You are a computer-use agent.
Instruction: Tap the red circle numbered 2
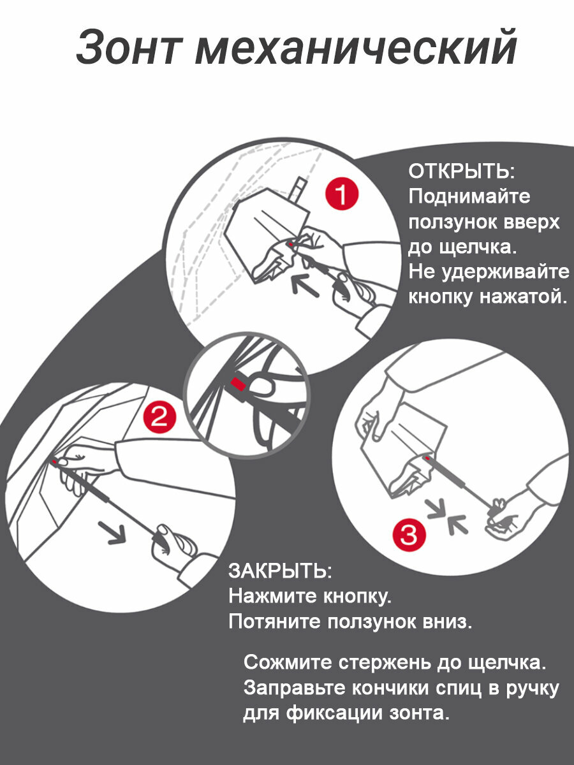tap(159, 418)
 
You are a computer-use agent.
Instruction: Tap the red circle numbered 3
tap(408, 535)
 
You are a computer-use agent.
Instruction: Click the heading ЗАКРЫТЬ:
tap(280, 571)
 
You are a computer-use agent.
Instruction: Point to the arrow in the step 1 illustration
tap(305, 284)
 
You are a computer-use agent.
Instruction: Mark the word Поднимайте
tap(469, 197)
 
